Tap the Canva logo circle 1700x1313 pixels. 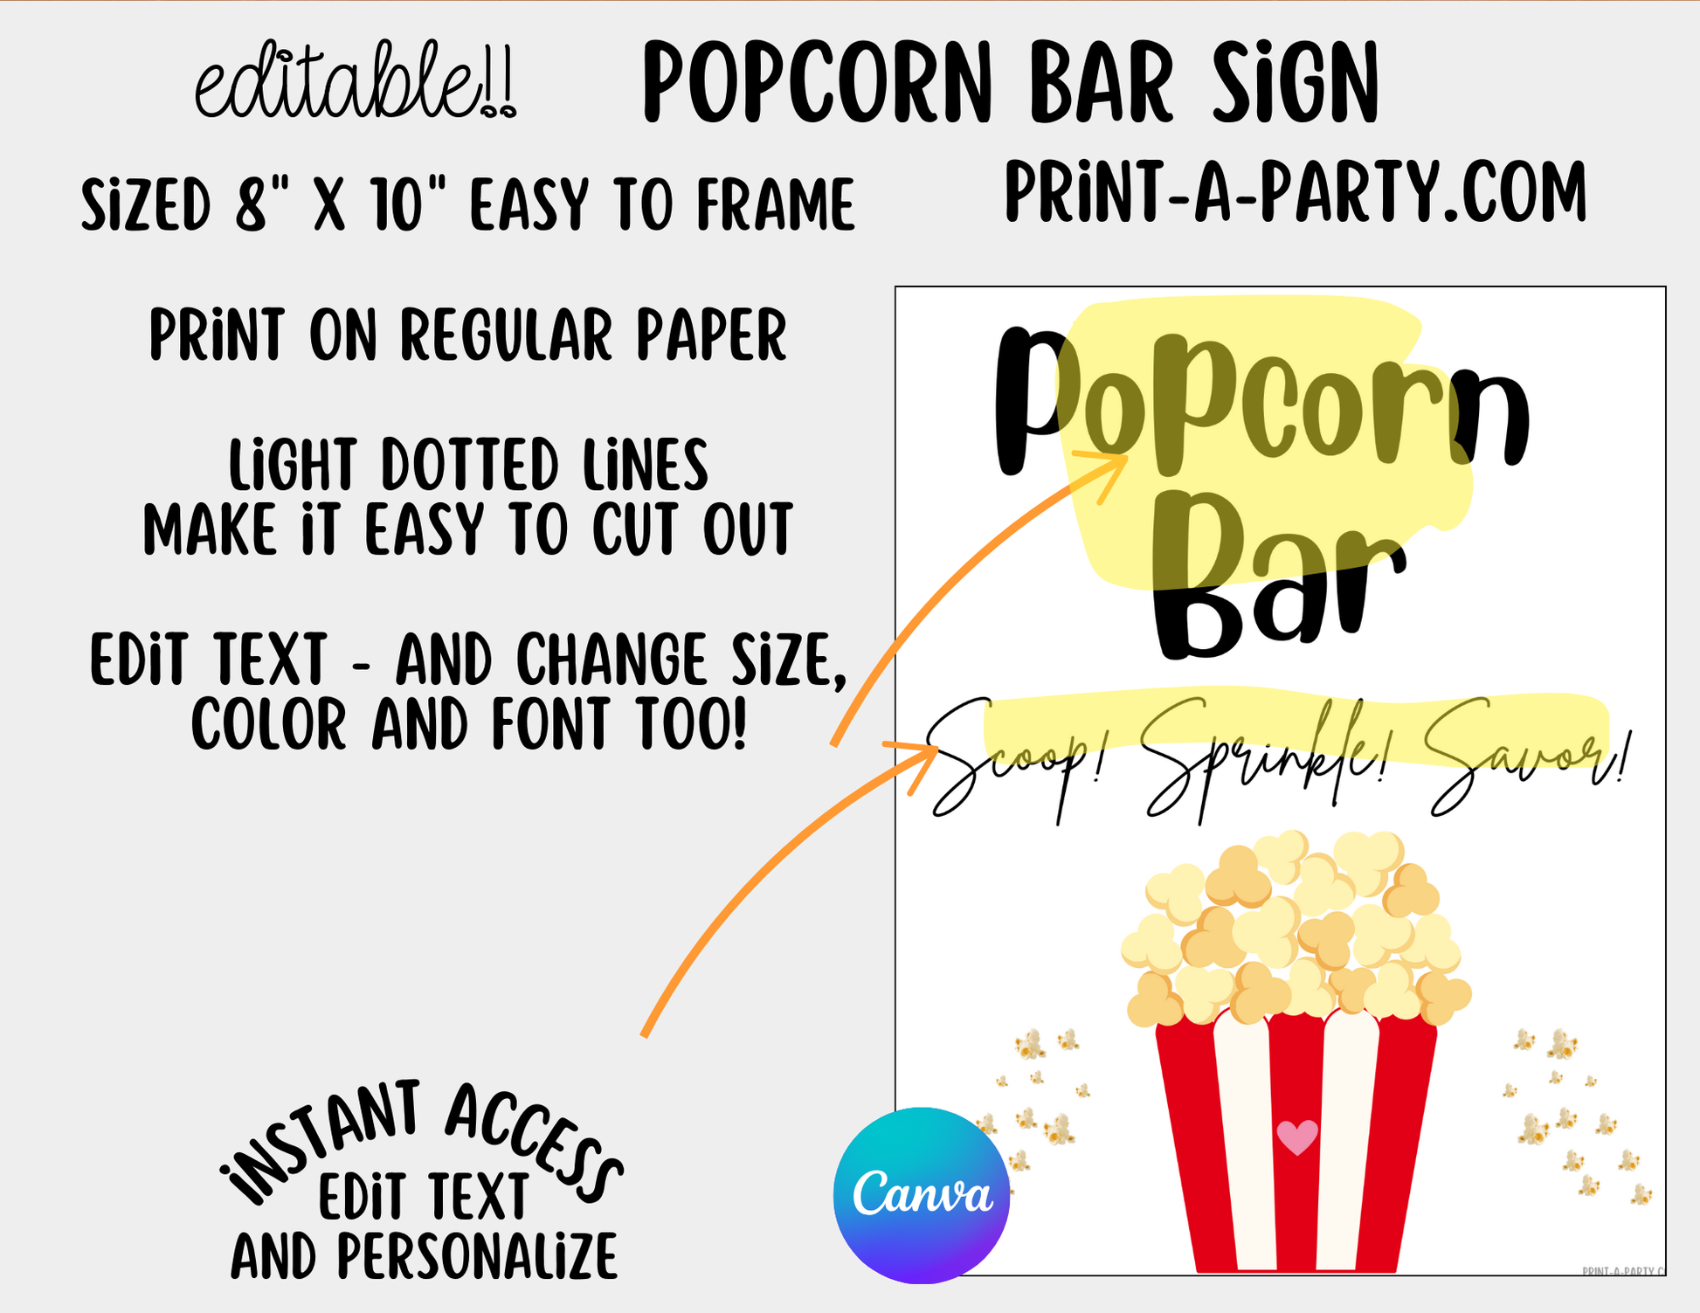922,1195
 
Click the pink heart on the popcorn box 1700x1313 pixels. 1297,1137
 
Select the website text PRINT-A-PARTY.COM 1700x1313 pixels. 1296,192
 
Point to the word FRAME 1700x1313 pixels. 776,205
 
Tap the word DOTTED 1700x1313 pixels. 470,465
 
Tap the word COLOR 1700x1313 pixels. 269,724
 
